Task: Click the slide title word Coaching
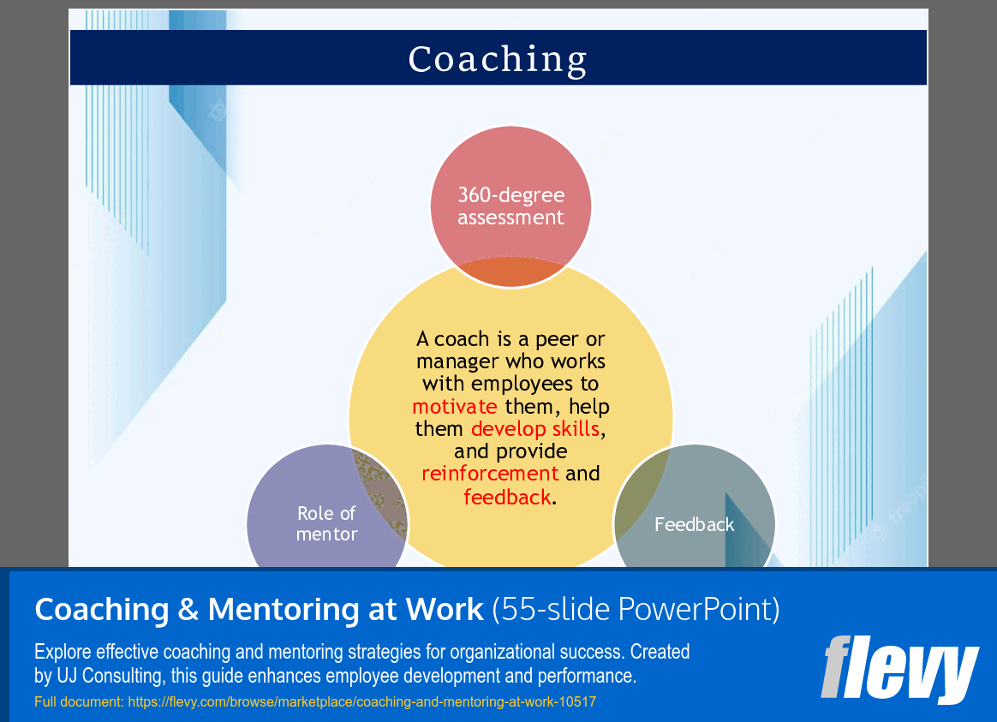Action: [498, 59]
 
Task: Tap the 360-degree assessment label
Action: [510, 206]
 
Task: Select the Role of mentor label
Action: [326, 523]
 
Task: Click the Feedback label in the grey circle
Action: [694, 524]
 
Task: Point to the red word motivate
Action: [454, 406]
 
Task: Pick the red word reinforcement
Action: [490, 474]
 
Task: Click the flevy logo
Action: [899, 669]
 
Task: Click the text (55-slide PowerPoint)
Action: [636, 610]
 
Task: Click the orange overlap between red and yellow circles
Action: [510, 272]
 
